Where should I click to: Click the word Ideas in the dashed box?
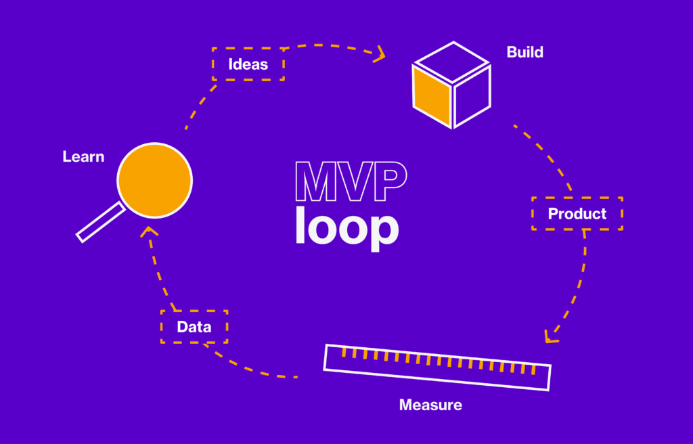[x=248, y=65]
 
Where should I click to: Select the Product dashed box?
[x=577, y=214]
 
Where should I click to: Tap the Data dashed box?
[x=194, y=327]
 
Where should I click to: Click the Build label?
[x=524, y=52]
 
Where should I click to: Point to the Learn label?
[x=83, y=157]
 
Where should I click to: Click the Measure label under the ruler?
[x=430, y=405]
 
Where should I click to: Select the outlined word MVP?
[x=350, y=181]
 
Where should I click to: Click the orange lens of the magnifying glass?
[x=155, y=180]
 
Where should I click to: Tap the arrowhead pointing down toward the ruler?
[x=552, y=336]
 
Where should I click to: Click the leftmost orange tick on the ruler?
[x=344, y=352]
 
